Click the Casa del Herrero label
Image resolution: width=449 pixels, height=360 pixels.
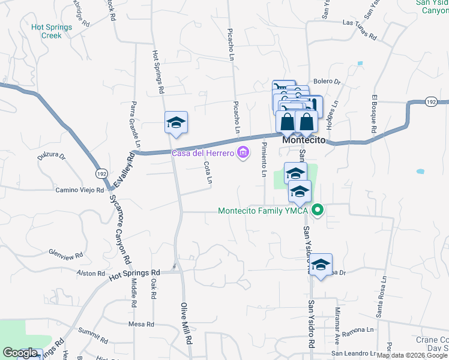tap(203, 154)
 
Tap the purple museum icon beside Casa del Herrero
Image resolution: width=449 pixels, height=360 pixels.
tap(243, 154)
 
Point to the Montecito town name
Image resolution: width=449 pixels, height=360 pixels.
tap(303, 140)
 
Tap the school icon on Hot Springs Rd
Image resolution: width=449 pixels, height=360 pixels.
tap(176, 122)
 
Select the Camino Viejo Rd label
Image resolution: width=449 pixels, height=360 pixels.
tap(80, 191)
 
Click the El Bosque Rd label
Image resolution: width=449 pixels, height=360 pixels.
tap(374, 114)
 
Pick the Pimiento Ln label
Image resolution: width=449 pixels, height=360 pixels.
tap(263, 161)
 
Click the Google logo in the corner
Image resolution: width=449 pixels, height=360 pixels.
tap(20, 353)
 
